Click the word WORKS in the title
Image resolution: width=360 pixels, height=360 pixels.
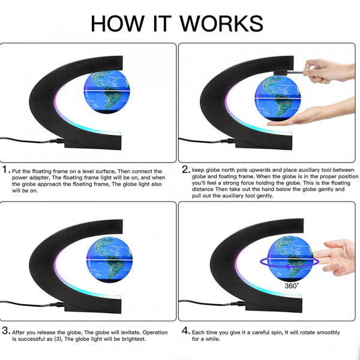tap(221, 23)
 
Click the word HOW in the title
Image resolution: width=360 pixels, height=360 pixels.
tap(117, 23)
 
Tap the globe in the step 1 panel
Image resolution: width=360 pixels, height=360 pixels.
tap(107, 92)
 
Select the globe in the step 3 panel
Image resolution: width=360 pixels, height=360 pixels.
tap(109, 259)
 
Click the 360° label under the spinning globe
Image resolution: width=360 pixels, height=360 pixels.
tap(292, 286)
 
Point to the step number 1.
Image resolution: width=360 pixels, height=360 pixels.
tap(5, 170)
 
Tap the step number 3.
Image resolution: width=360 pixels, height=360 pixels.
tap(6, 331)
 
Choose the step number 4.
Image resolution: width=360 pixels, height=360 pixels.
tap(186, 331)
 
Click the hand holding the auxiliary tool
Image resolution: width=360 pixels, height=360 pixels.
tap(328, 71)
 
